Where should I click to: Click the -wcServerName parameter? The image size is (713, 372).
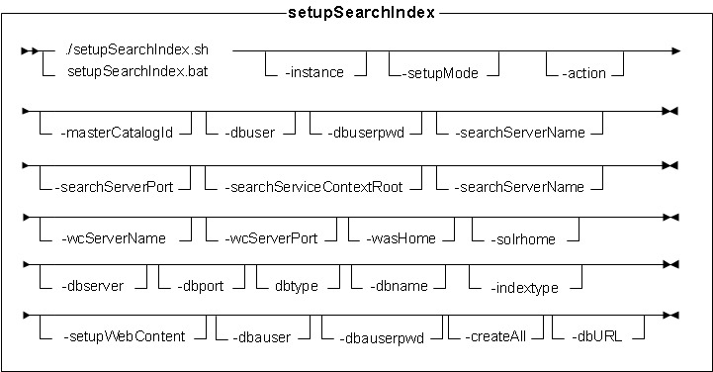click(115, 237)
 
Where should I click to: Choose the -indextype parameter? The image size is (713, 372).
click(524, 288)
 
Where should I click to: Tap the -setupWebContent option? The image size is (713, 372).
click(124, 336)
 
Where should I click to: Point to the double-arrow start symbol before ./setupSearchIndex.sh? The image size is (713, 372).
click(36, 50)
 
